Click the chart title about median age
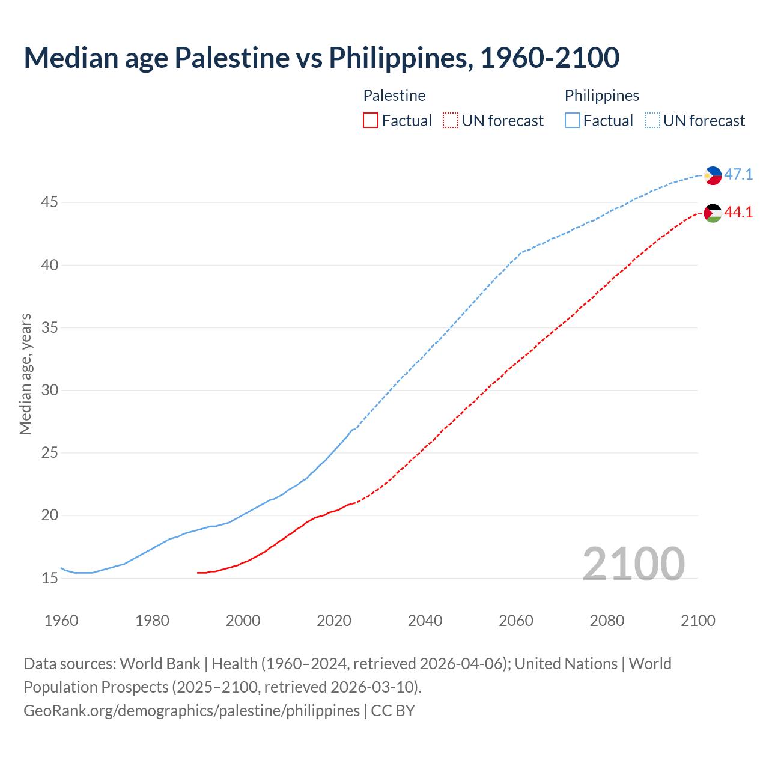tap(321, 58)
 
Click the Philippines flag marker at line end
tap(713, 175)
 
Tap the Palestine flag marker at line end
tap(713, 213)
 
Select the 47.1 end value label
tap(738, 175)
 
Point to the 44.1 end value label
tap(738, 213)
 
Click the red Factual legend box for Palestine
tap(371, 121)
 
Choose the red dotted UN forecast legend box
tap(451, 121)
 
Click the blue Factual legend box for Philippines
tap(573, 121)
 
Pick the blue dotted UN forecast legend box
tap(652, 121)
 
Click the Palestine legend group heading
tap(394, 96)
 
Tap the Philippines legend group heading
tap(601, 96)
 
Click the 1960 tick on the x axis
tap(61, 621)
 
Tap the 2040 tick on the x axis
tap(425, 621)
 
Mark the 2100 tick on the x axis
tap(698, 621)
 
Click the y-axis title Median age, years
tap(25, 374)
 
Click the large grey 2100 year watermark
tap(633, 564)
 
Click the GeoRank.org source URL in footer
tap(192, 711)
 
